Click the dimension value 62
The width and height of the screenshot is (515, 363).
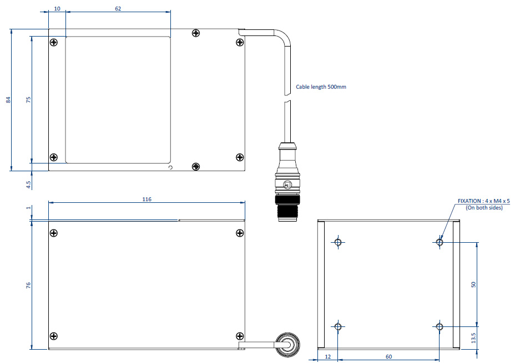tap(118, 9)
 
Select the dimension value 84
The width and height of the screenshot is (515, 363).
tap(8, 100)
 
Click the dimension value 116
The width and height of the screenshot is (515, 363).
tap(147, 198)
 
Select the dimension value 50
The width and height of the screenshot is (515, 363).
tap(473, 284)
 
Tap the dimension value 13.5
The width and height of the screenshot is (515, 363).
tap(473, 338)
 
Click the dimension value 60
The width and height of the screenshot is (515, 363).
tap(388, 357)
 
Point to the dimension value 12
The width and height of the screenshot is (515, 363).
tap(327, 357)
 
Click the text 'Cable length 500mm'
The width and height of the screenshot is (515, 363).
tap(321, 87)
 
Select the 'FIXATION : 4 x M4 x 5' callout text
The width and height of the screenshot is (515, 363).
tap(483, 201)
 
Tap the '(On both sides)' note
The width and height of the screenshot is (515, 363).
tap(484, 208)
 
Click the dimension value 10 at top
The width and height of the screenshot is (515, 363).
tap(57, 9)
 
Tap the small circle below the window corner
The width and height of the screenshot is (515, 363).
tap(171, 167)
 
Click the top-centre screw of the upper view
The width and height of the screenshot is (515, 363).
tap(195, 34)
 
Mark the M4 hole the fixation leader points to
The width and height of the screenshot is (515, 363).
tap(440, 242)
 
